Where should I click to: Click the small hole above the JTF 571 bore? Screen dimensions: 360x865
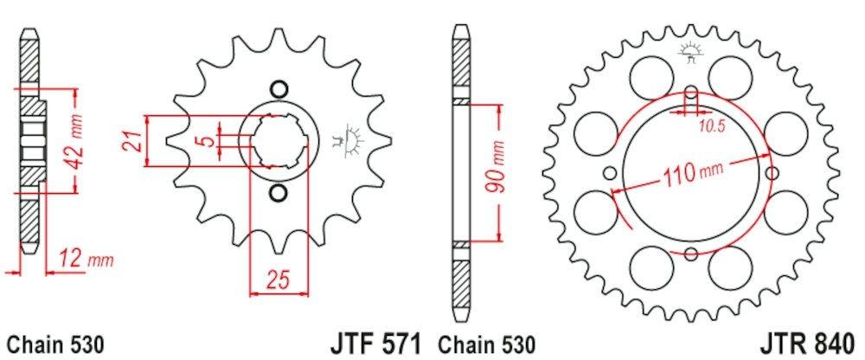click(x=278, y=89)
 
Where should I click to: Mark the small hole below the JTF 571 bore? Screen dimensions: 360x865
click(x=278, y=191)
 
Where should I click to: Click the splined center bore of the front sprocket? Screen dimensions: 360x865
click(x=278, y=140)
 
